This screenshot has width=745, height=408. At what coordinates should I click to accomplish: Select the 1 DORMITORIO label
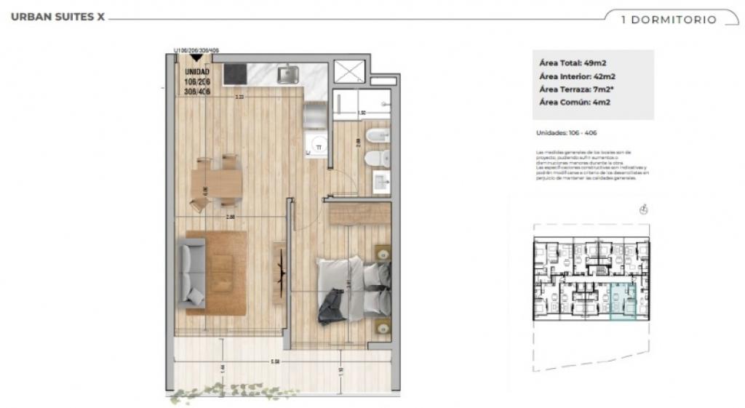(669, 20)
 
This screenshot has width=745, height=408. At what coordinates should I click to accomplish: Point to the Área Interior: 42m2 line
(578, 76)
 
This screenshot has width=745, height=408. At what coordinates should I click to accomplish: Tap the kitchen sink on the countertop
(288, 73)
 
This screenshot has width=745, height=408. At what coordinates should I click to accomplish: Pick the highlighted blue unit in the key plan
(623, 302)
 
